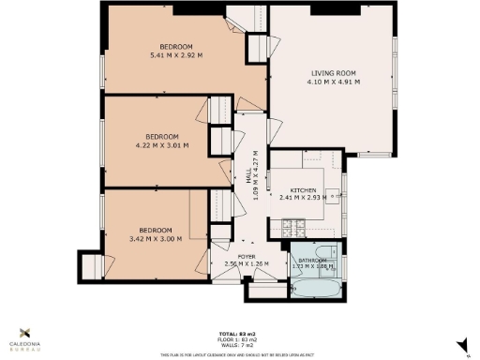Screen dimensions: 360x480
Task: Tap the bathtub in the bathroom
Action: click(x=312, y=283)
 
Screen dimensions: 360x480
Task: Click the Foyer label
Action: click(x=246, y=256)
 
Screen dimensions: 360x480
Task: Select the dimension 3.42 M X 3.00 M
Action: click(x=156, y=238)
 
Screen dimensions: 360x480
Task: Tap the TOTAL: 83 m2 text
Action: click(x=239, y=335)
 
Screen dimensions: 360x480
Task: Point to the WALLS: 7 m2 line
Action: click(x=239, y=346)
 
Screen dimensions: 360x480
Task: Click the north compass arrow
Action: click(x=463, y=346)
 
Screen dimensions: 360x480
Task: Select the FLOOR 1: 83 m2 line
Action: click(x=239, y=340)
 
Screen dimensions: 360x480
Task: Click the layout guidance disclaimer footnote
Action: click(x=239, y=353)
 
